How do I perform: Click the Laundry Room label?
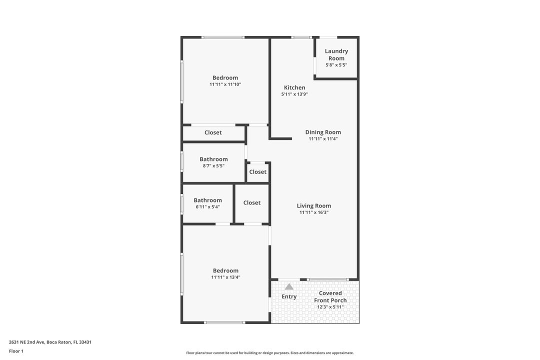336,54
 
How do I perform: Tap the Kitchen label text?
294,87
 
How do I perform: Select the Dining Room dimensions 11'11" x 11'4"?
323,139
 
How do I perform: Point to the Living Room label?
314,205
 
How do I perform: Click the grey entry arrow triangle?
289,286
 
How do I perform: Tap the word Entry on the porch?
289,296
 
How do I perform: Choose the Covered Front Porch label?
330,297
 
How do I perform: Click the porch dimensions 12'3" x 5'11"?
330,307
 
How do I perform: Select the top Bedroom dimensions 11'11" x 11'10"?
225,84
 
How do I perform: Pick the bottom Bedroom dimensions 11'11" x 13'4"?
225,277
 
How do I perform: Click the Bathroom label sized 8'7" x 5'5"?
213,159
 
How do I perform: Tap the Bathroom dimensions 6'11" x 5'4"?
207,207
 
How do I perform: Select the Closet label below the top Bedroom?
213,132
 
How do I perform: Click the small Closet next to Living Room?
258,172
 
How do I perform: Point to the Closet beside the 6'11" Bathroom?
252,202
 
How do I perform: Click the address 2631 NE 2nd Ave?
50,342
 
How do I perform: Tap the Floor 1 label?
16,351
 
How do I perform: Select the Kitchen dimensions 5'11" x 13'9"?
294,94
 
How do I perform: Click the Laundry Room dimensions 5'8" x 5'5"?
336,65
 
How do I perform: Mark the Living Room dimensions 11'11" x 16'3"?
314,212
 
